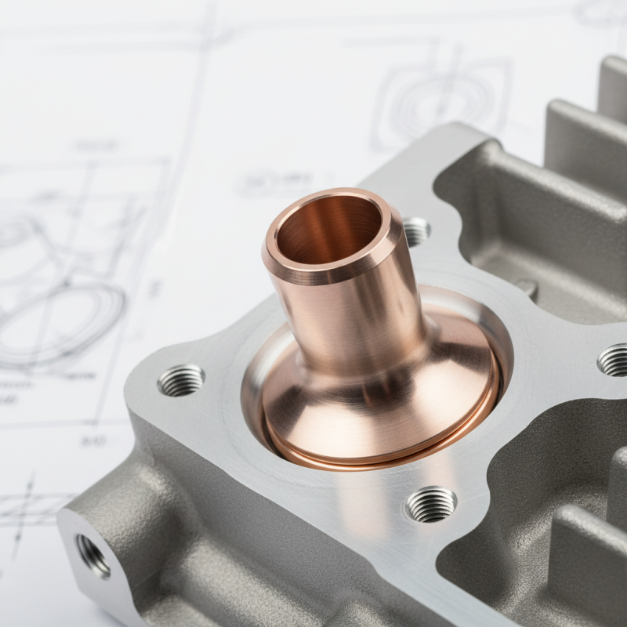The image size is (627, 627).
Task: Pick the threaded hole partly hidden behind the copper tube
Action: tap(416, 231)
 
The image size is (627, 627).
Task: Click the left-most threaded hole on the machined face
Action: tap(181, 380)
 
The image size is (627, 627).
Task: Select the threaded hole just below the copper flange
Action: tap(431, 503)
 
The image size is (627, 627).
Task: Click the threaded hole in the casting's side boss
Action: tap(92, 555)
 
